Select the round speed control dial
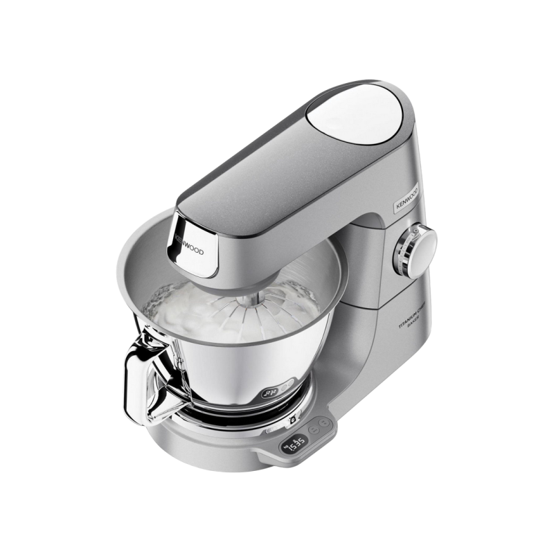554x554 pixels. click(422, 243)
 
